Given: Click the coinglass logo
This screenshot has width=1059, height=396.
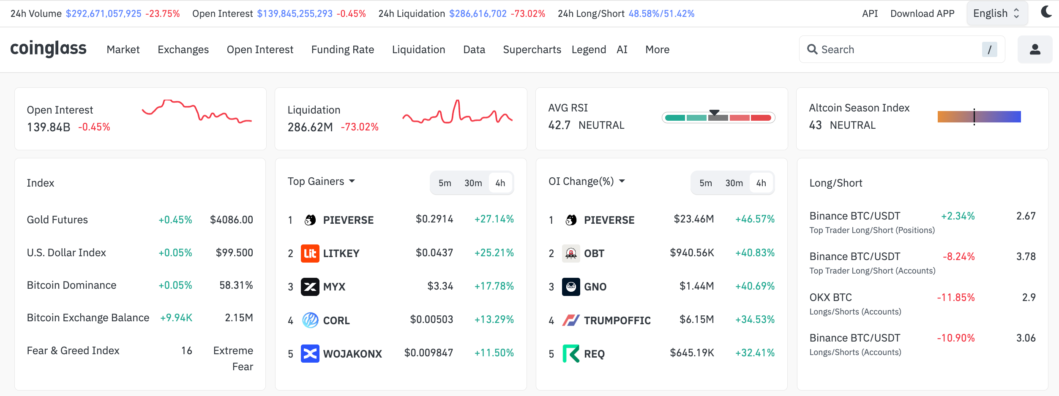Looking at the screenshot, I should tap(48, 49).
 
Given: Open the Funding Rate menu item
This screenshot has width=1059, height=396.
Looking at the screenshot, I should tap(342, 49).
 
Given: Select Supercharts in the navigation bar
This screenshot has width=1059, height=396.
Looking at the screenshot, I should tap(532, 49).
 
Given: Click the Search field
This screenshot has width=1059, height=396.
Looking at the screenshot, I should tap(896, 49).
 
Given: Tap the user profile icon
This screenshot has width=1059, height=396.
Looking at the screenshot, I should tap(1034, 49).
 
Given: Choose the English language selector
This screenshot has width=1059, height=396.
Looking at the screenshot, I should tap(996, 14).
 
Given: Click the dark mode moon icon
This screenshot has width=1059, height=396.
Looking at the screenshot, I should tap(1046, 12).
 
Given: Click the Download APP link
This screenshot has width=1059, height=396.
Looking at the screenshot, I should tap(922, 14).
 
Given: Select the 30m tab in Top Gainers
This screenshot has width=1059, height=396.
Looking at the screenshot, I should tap(473, 183).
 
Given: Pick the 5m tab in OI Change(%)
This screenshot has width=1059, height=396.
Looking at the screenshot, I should tap(705, 183).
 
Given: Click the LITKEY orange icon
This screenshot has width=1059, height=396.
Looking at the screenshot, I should tap(310, 253).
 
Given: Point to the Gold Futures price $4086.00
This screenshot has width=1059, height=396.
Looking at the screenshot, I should tap(231, 220).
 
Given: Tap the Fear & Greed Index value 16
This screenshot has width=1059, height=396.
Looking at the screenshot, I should tap(186, 350).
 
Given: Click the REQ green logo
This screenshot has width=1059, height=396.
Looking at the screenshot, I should tap(570, 354).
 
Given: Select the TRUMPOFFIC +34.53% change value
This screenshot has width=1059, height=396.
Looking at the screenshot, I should tap(755, 320).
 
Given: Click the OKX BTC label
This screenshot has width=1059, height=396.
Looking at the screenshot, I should tap(830, 297).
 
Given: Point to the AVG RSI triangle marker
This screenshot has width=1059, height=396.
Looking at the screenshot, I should tap(714, 112).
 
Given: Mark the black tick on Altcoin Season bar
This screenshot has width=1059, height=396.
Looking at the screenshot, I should tap(974, 117).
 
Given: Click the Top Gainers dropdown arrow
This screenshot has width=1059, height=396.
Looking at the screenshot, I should tap(352, 181).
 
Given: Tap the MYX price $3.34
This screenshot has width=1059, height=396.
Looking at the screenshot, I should tap(440, 286).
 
